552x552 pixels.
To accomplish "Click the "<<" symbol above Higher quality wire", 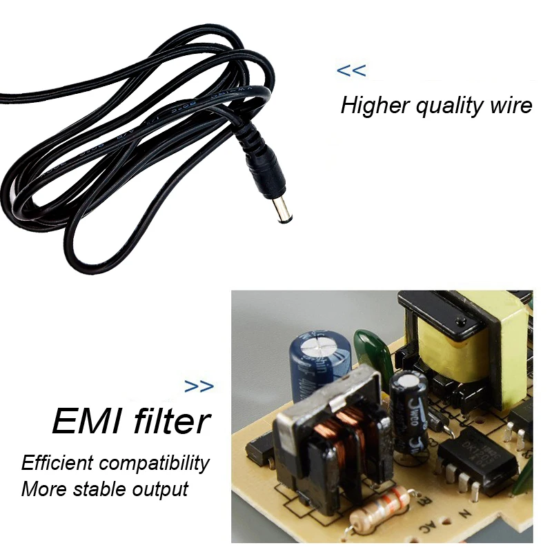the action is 351,70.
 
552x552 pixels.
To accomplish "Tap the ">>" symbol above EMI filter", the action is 199,386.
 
